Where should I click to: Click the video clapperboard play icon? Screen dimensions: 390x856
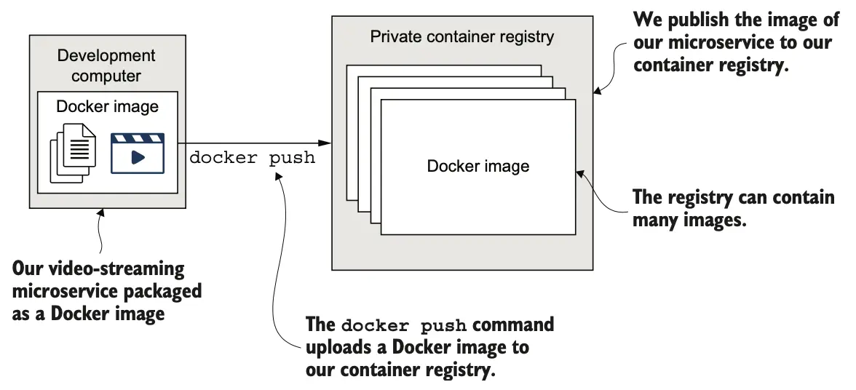[x=138, y=152]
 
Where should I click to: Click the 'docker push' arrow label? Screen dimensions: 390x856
[x=252, y=157]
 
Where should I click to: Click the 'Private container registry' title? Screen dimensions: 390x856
[x=462, y=36]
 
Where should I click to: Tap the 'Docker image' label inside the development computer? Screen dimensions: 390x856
[x=107, y=107]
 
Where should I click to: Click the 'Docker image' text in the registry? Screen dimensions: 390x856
[x=478, y=166]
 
